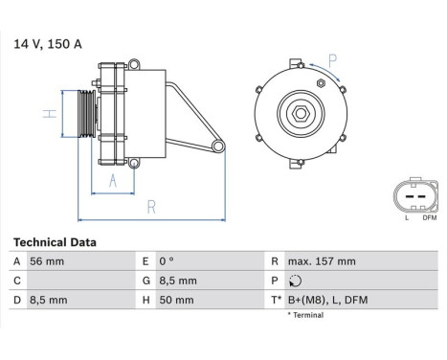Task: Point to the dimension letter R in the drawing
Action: (151, 206)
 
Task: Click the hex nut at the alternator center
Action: (300, 114)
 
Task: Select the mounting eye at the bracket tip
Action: (217, 146)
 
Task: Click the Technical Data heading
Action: (55, 243)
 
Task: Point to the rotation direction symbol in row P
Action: (292, 281)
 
